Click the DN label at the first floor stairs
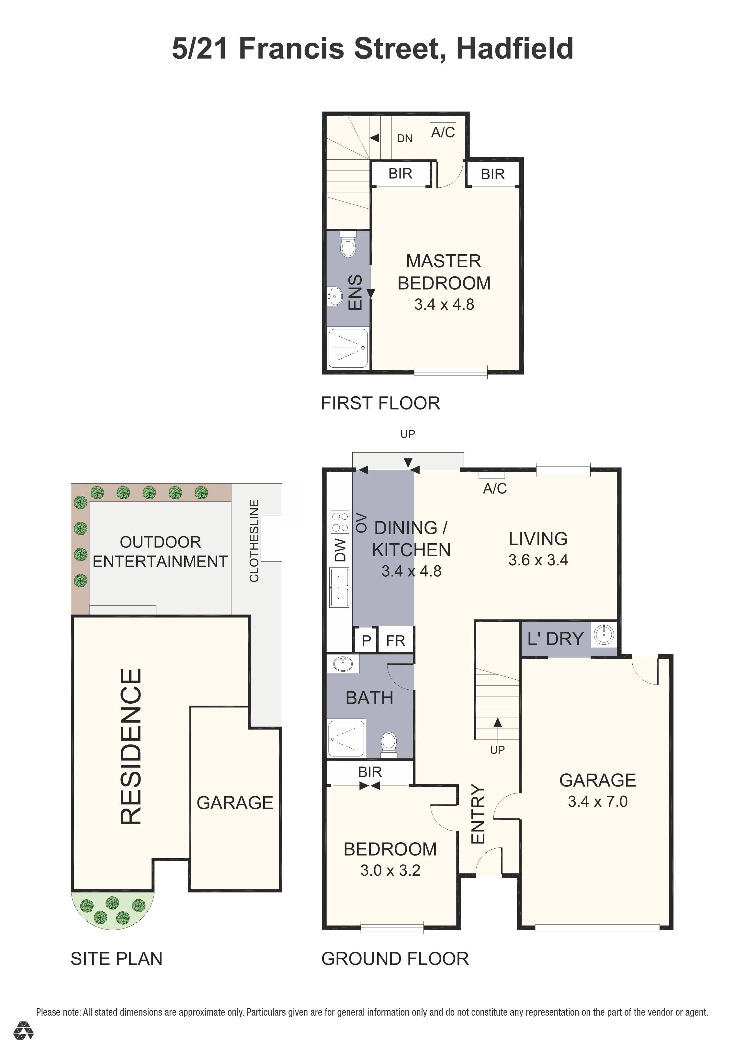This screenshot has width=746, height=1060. [x=405, y=139]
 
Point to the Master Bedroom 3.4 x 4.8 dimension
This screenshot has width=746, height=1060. [x=444, y=305]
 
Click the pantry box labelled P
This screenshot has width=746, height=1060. [x=366, y=641]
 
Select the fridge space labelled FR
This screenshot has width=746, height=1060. [x=395, y=641]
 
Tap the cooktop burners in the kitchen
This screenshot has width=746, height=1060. [x=340, y=522]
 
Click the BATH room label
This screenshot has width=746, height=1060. [x=369, y=698]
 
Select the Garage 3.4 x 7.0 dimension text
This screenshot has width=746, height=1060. [x=597, y=801]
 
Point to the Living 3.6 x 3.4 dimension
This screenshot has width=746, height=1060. [x=538, y=560]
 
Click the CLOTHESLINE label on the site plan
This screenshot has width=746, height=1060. [x=254, y=541]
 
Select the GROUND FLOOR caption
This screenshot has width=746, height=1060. [x=395, y=959]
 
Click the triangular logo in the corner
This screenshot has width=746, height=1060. [x=23, y=1031]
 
